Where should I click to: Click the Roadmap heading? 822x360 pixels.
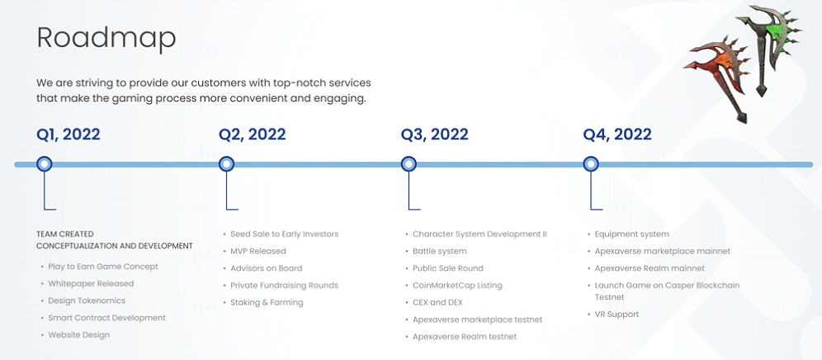pos(106,38)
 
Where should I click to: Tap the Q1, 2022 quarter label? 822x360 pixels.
pos(68,135)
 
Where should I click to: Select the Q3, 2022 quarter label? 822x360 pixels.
pos(435,135)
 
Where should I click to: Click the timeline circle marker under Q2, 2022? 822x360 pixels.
pos(226,164)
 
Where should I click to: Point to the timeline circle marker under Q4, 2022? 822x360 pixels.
pos(591,164)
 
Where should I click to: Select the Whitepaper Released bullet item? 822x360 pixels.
pos(91,283)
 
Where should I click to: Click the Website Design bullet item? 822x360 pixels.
pos(79,334)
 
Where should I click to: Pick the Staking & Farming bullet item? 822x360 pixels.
pos(267,302)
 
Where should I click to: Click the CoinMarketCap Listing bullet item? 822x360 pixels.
pos(457,286)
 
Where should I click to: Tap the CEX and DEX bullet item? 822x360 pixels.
pos(437,302)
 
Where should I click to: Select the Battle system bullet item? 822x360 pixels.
pos(439,251)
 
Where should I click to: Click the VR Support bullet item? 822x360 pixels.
pos(616,315)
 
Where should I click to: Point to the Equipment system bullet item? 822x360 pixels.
pos(631,234)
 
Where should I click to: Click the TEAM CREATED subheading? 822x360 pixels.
pos(65,234)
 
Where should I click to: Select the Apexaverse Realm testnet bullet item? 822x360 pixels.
pos(465,336)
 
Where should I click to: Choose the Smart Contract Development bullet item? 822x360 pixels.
pos(107,318)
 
